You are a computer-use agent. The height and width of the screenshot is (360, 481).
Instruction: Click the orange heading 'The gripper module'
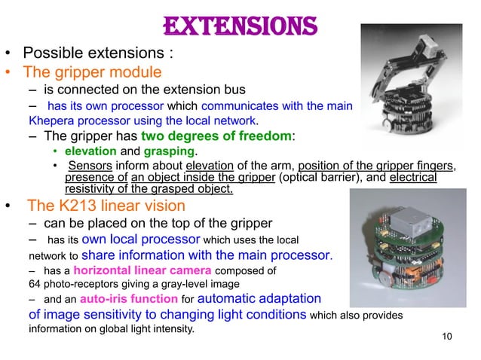[x=92, y=73]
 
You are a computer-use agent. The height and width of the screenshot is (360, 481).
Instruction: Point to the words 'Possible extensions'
[x=96, y=54]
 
